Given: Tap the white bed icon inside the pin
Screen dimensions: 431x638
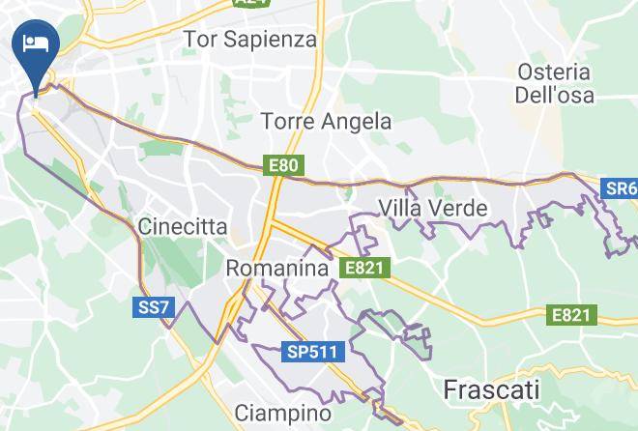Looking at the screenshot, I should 37,42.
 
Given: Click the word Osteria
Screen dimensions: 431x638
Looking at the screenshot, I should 554,72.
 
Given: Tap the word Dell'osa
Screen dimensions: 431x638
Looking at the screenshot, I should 554,96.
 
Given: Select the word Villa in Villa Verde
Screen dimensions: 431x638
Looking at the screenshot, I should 403,207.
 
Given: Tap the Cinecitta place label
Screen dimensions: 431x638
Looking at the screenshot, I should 183,228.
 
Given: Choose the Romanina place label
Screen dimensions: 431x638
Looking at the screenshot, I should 277,269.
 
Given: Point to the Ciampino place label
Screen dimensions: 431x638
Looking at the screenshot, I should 283,414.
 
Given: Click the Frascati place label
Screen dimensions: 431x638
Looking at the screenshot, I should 491,390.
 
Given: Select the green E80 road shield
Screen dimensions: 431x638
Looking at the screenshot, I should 284,166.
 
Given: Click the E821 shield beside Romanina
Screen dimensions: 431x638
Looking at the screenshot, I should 365,268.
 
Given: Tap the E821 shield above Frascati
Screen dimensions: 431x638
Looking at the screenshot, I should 570,315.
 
